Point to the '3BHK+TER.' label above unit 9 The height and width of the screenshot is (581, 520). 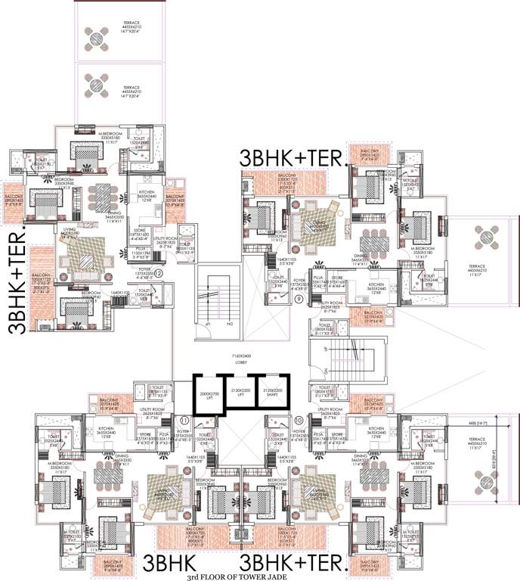tap(293, 158)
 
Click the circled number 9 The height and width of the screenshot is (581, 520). tap(299, 299)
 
